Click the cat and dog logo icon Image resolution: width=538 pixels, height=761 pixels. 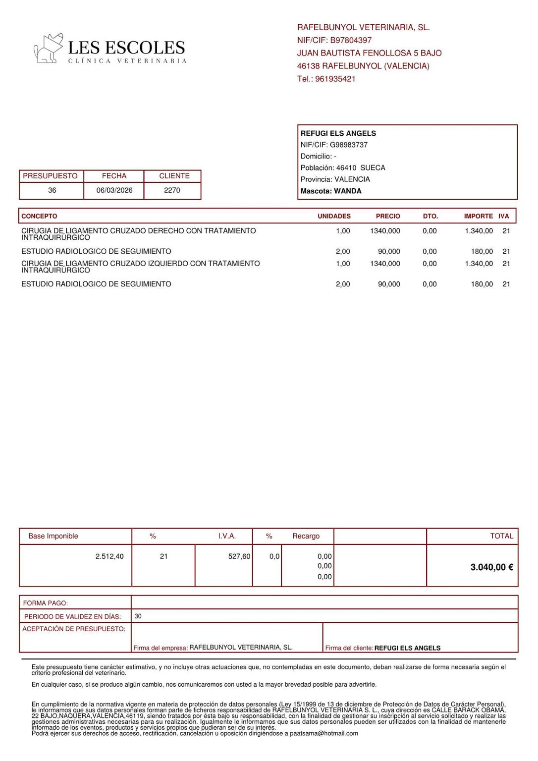[48, 48]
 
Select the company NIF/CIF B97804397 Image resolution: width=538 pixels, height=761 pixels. [351, 40]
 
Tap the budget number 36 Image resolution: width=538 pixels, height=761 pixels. [52, 190]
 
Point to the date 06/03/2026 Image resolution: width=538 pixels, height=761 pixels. [114, 190]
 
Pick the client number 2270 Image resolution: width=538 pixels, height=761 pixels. [172, 190]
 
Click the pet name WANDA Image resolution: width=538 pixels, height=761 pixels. [348, 191]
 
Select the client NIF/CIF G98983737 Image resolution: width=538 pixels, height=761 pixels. [349, 145]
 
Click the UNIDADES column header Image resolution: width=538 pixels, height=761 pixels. [334, 217]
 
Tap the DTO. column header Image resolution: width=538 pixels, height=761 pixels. [430, 217]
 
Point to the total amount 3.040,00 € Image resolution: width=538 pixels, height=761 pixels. [491, 567]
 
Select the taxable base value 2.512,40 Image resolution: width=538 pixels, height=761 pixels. [109, 556]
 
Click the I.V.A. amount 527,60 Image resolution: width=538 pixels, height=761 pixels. [239, 556]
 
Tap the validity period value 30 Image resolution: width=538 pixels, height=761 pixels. [138, 616]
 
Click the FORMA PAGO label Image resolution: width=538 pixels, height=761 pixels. [46, 603]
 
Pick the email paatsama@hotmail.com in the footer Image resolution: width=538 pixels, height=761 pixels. [324, 733]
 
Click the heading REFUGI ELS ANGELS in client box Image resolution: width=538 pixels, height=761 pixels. [338, 133]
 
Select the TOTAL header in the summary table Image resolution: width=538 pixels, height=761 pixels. [501, 536]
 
